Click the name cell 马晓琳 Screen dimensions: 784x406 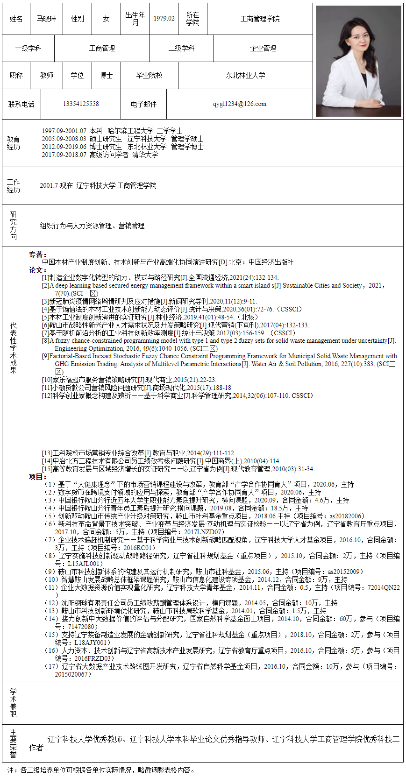tap(46, 19)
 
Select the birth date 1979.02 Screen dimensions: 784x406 tap(164, 19)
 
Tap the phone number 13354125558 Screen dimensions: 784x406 tap(81, 104)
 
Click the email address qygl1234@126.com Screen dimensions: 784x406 tap(240, 104)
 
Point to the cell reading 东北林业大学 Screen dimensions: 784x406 tap(245, 75)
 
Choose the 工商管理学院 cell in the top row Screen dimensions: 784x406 tap(260, 19)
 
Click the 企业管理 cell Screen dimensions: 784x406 tap(263, 48)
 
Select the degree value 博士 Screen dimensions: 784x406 tap(106, 75)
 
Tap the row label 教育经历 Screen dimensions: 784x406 tap(14, 143)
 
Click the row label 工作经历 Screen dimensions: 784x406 tap(14, 186)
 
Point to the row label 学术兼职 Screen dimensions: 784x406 tap(14, 702)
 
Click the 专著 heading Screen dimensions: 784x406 tap(37, 254)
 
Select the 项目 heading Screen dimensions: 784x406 tap(37, 477)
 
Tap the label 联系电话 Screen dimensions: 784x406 tap(21, 104)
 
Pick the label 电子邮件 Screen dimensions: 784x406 tap(143, 104)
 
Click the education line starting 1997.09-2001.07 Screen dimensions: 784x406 tap(112, 131)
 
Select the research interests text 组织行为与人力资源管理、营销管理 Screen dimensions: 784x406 tap(92, 226)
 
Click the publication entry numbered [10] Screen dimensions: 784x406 tap(129, 380)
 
